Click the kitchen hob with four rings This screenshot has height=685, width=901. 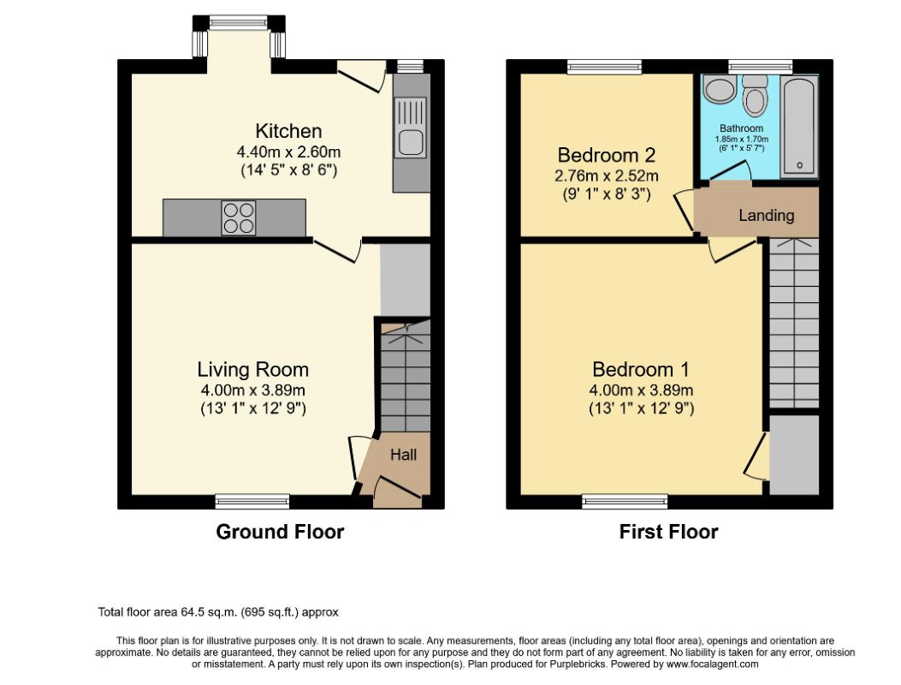coord(239,218)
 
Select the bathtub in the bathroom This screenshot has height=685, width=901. coord(798,127)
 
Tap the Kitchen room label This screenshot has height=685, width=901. coord(288,131)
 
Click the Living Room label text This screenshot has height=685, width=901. coord(252,369)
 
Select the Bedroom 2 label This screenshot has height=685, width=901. coord(606,155)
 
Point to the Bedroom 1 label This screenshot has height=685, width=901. coord(641,369)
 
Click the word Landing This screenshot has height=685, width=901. coord(767,216)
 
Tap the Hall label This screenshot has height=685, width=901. coord(403,455)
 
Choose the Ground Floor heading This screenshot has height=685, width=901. coord(280,532)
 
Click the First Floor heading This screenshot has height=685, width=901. coord(669,532)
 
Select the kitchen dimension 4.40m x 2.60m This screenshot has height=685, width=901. coord(288,152)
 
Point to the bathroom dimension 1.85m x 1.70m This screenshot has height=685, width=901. coord(741,140)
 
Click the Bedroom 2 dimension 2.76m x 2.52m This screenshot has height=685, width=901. coord(606,176)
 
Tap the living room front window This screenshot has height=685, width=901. coord(252,502)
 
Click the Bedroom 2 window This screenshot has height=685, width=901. coord(604,67)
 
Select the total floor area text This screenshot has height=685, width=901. coord(218,612)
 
